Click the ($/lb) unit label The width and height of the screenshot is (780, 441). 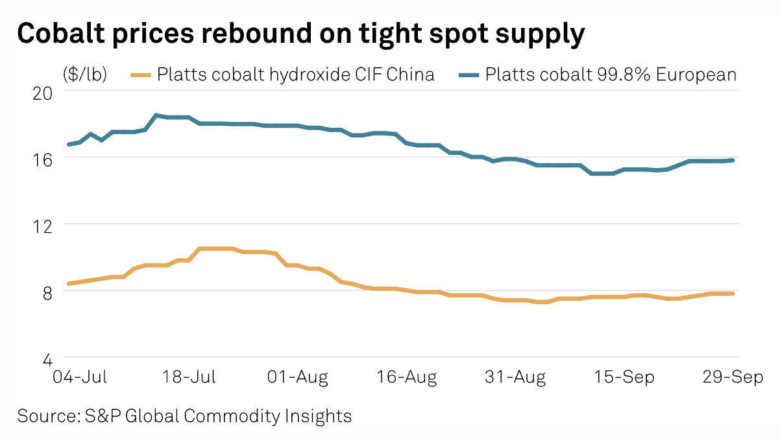click(x=85, y=75)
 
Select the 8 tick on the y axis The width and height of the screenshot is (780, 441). click(x=53, y=291)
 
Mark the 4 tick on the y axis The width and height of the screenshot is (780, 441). click(x=53, y=357)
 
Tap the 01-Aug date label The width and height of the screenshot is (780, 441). click(x=299, y=377)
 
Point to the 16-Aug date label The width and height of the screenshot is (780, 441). click(x=407, y=377)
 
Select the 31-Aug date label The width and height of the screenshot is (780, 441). click(x=516, y=377)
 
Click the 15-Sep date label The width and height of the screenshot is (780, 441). click(x=624, y=377)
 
